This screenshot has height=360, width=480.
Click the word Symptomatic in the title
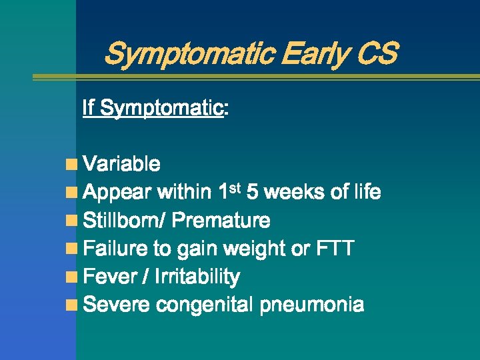coord(189,53)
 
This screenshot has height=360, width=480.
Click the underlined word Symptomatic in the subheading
coord(161,107)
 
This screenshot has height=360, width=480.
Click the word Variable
coord(122,164)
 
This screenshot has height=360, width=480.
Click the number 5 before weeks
coord(252,193)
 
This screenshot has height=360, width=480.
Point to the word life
coord(367,193)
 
